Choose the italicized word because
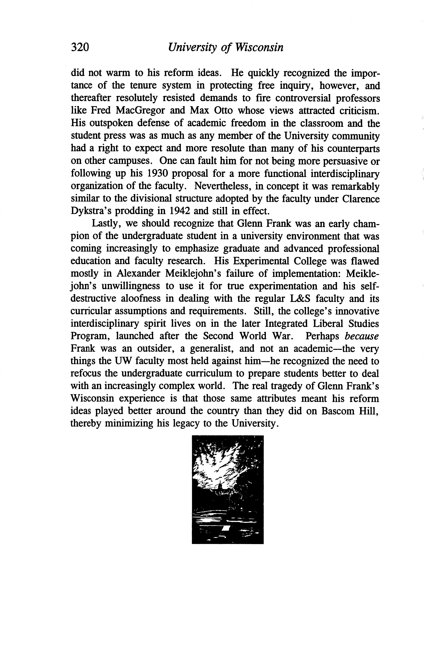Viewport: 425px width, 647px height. coord(361,336)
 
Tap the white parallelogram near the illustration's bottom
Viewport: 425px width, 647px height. coord(226,528)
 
